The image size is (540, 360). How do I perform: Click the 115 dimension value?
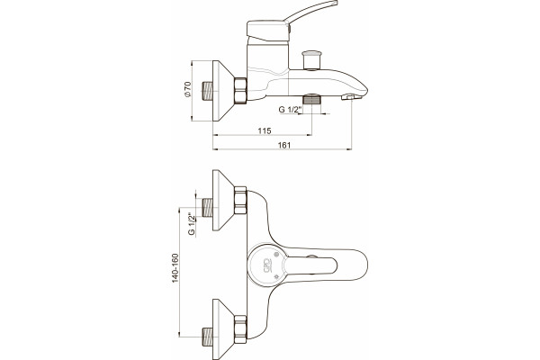click(x=264, y=130)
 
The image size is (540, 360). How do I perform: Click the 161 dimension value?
click(x=284, y=146)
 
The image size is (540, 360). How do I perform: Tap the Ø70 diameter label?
click(x=188, y=89)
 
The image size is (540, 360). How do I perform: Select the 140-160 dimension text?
click(x=175, y=268)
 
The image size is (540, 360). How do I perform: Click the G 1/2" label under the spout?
click(x=290, y=110)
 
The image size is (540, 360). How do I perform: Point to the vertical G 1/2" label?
click(x=192, y=223)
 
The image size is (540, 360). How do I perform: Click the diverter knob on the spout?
click(x=311, y=60)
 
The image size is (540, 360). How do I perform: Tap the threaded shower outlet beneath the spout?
click(x=312, y=99)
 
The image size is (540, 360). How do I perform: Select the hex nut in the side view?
click(x=240, y=91)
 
